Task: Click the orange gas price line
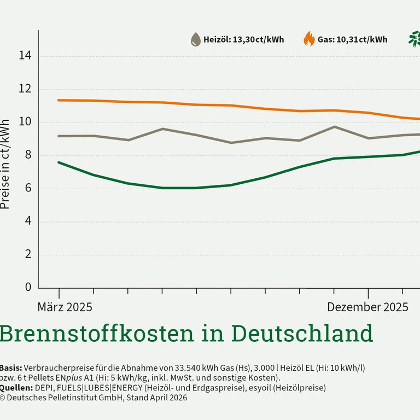point(230,105)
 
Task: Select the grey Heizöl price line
point(197,135)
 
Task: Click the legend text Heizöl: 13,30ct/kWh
point(243,39)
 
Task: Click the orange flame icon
point(309,39)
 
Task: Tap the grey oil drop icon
point(195,39)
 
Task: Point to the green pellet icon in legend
point(415,39)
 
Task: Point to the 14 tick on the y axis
point(25,56)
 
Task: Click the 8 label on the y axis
point(28,155)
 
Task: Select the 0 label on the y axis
point(28,288)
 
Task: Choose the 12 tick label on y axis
point(25,89)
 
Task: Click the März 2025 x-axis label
point(65,307)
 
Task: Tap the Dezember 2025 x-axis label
point(367,307)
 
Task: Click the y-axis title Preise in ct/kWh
point(5,164)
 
